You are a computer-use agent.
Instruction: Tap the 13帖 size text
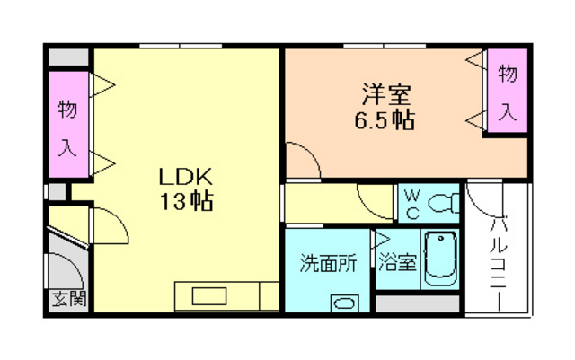pos(187,201)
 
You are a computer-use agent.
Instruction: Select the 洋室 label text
pos(387,93)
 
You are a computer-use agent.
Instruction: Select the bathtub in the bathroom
pos(440,258)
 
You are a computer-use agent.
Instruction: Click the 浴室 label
pos(396,264)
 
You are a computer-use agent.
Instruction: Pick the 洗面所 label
pos(328,264)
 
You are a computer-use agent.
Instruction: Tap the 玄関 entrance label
pos(65,299)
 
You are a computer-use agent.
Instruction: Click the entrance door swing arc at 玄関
pos(65,268)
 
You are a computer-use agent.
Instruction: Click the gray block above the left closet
pos(69,56)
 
